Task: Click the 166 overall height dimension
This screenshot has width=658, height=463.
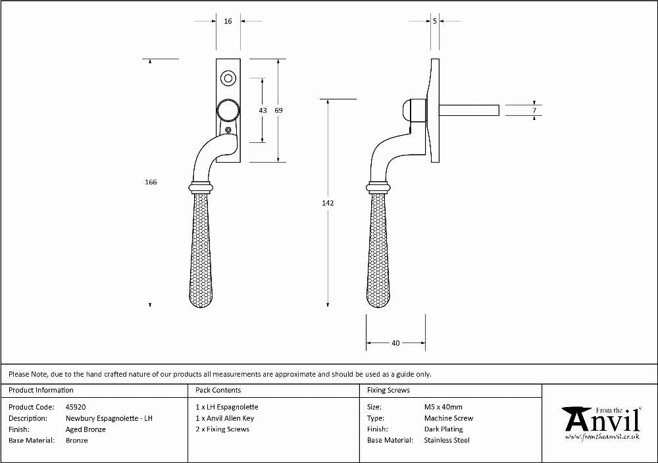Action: click(151, 182)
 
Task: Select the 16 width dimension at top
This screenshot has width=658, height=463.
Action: click(228, 21)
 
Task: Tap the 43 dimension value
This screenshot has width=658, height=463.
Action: click(263, 111)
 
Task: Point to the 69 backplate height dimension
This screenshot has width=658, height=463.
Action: click(278, 111)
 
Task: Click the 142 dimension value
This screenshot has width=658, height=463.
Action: click(328, 203)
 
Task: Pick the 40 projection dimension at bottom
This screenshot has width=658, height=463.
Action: click(395, 343)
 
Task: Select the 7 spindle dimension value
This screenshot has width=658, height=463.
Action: click(534, 111)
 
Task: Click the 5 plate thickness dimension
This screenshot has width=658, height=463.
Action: click(435, 21)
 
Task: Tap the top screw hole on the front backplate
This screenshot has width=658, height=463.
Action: click(228, 78)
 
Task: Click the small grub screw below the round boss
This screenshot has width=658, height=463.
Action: click(228, 130)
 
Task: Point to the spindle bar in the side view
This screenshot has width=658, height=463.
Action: click(469, 110)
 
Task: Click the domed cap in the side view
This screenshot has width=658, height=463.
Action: click(407, 111)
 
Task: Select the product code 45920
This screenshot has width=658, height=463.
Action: click(76, 407)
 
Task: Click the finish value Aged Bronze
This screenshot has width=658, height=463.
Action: click(86, 429)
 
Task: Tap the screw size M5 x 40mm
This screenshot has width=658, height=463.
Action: click(443, 407)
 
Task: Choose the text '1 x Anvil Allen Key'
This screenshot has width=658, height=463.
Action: click(225, 418)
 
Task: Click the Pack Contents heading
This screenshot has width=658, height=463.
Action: click(218, 391)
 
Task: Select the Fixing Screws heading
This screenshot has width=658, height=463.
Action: click(388, 391)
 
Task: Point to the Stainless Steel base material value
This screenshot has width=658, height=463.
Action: click(447, 441)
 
